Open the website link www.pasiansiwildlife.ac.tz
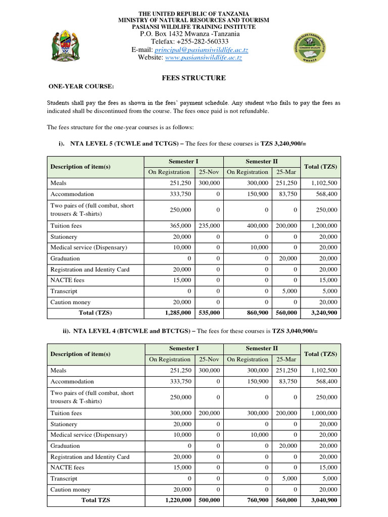click(204, 58)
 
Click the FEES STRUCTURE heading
click(193, 78)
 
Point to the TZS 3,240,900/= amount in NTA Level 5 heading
click(283, 143)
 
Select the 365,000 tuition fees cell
click(180, 226)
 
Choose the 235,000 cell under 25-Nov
click(209, 226)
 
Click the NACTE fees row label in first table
click(67, 280)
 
